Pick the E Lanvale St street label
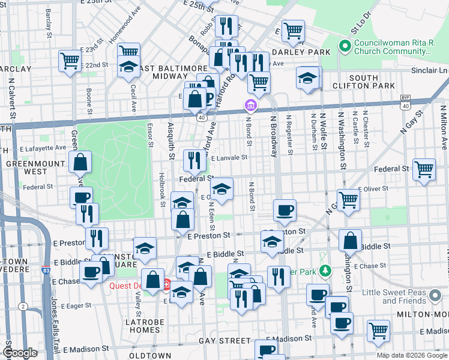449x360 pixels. pyautogui.click(x=229, y=158)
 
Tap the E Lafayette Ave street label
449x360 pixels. pyautogui.click(x=42, y=148)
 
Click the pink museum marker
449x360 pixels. pyautogui.click(x=250, y=106)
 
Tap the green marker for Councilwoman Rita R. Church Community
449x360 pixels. pyautogui.click(x=345, y=46)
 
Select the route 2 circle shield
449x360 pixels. pyautogui.click(x=23, y=306)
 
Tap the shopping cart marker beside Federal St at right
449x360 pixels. pyautogui.click(x=424, y=170)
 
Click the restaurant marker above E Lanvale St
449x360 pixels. pyautogui.click(x=194, y=160)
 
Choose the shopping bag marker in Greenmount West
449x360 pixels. pyautogui.click(x=80, y=162)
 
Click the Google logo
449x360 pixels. pyautogui.click(x=20, y=353)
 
